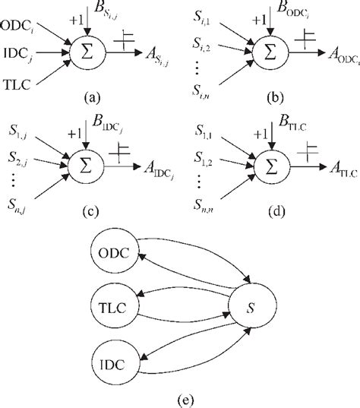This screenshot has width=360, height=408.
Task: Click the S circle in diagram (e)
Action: click(251, 306)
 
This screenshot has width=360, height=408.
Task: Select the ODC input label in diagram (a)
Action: click(24, 30)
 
